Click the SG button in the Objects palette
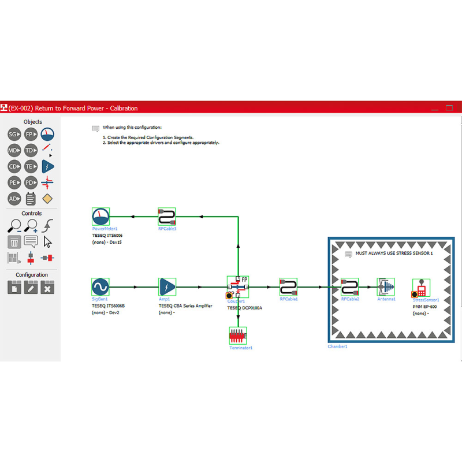[x=14, y=135]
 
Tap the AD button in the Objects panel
[x=14, y=199]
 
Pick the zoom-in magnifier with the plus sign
[x=31, y=226]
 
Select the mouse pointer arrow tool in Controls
[x=47, y=242]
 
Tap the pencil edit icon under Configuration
[x=31, y=287]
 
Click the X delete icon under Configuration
[x=47, y=287]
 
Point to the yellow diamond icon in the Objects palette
[x=47, y=199]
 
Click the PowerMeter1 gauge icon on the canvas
[x=100, y=217]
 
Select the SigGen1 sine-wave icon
[x=100, y=286]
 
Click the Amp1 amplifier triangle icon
[x=167, y=286]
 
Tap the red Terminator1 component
[x=237, y=336]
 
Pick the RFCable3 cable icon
[x=167, y=217]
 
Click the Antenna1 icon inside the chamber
[x=386, y=287]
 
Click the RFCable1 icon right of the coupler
[x=288, y=287]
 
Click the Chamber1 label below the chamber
[x=337, y=346]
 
